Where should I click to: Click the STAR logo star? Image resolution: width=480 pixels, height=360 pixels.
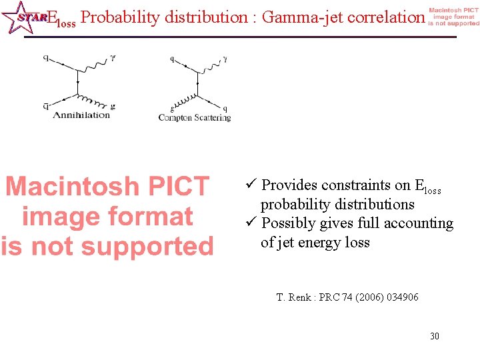pyautogui.click(x=19, y=17)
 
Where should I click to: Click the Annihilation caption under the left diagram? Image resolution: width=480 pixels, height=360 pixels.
pyautogui.click(x=81, y=115)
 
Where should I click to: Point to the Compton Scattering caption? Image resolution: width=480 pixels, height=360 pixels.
pyautogui.click(x=195, y=118)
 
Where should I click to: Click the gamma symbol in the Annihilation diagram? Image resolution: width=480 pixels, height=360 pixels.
pyautogui.click(x=113, y=58)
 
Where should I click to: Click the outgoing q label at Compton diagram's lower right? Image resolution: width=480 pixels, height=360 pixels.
pyautogui.click(x=225, y=108)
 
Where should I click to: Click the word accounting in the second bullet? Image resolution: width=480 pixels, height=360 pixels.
pyautogui.click(x=419, y=223)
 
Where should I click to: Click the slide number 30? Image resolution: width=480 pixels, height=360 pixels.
pyautogui.click(x=434, y=336)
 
